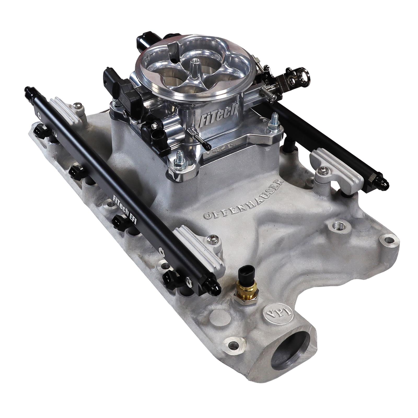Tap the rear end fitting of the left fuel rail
(28, 91)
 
